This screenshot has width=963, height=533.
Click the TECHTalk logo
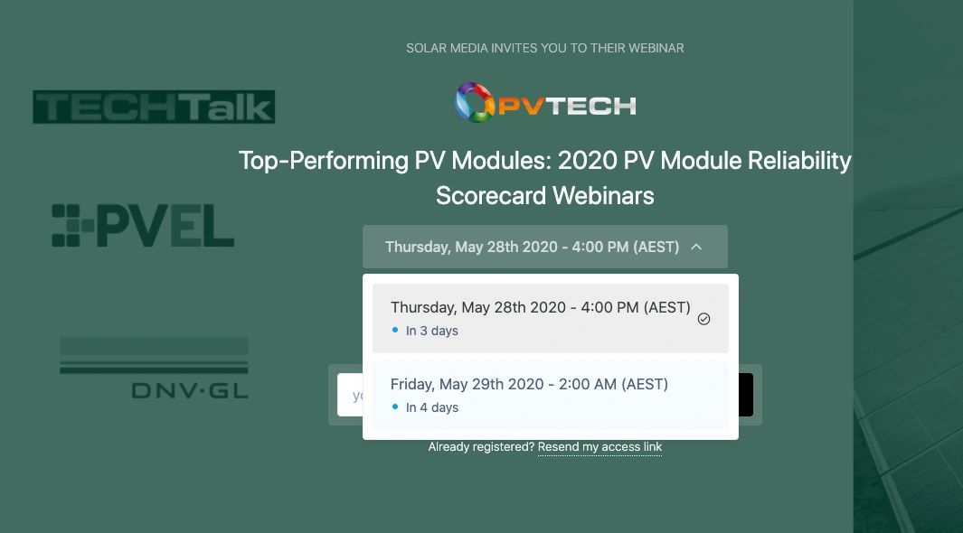tap(154, 107)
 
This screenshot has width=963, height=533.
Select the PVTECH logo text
tap(568, 106)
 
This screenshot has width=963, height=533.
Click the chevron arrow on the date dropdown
tap(696, 247)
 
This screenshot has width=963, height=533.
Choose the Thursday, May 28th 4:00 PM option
tap(540, 308)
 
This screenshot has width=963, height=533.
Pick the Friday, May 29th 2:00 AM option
tap(529, 385)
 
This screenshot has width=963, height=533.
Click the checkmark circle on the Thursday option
tap(703, 319)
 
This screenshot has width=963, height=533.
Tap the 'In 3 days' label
tap(432, 331)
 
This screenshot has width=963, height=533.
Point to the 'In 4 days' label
tap(432, 407)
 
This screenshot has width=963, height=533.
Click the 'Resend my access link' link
tap(600, 447)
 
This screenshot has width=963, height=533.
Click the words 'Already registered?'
tap(481, 447)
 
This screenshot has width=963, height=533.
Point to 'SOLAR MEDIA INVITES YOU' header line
tap(544, 48)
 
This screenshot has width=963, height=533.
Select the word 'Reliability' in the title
tap(793, 161)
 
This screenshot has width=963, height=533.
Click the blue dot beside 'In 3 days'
tap(395, 331)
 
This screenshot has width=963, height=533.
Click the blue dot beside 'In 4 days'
tap(395, 407)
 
